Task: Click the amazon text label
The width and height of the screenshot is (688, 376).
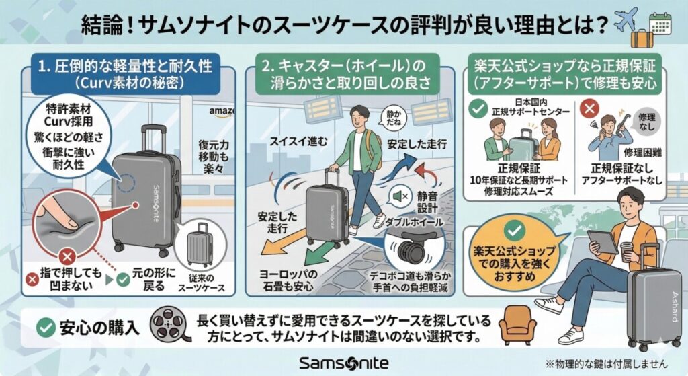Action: tap(221, 111)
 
